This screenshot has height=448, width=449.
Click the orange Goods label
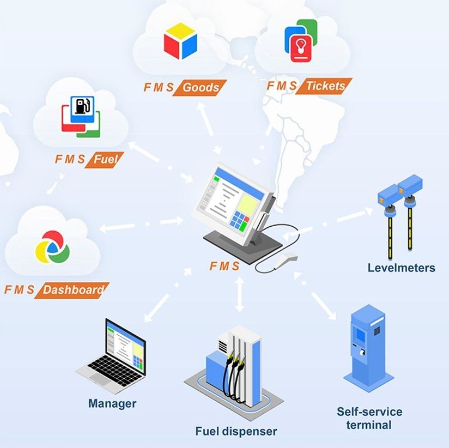[x=200, y=88]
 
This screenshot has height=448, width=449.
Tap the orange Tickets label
[x=324, y=86]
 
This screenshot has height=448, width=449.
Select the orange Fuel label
[x=105, y=160]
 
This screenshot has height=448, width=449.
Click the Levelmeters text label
[x=401, y=268]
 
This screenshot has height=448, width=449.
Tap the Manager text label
[x=112, y=403]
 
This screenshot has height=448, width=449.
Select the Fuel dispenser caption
[x=236, y=431]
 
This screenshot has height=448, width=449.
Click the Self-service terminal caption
[x=369, y=418]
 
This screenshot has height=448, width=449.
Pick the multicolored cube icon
[x=180, y=41]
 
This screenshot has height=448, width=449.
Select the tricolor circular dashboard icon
[x=52, y=248]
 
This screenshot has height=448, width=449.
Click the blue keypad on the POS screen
[x=240, y=220]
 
